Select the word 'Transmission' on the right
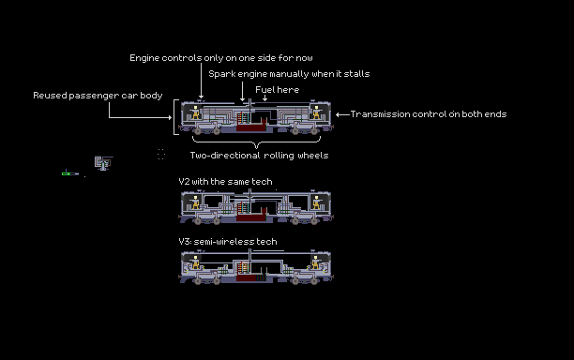(x=380, y=114)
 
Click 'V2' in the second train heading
(x=184, y=182)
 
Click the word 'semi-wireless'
(x=224, y=242)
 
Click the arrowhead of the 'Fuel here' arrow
(x=264, y=98)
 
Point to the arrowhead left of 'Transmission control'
(x=338, y=114)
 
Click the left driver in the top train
(x=196, y=112)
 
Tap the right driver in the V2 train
(x=316, y=202)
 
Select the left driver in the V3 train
(x=196, y=262)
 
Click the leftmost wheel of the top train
(x=198, y=130)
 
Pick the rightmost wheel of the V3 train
(x=314, y=281)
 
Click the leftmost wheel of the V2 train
(x=198, y=221)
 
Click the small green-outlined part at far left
(x=67, y=173)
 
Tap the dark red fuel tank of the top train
(x=250, y=127)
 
